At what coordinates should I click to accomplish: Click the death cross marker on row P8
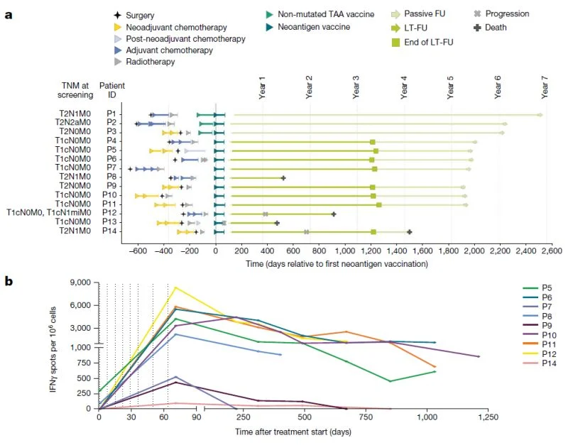point(283,178)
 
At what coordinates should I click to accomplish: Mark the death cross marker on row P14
point(409,231)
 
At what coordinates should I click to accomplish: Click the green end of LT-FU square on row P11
point(379,204)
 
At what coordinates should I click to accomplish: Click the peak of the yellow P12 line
point(175,287)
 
